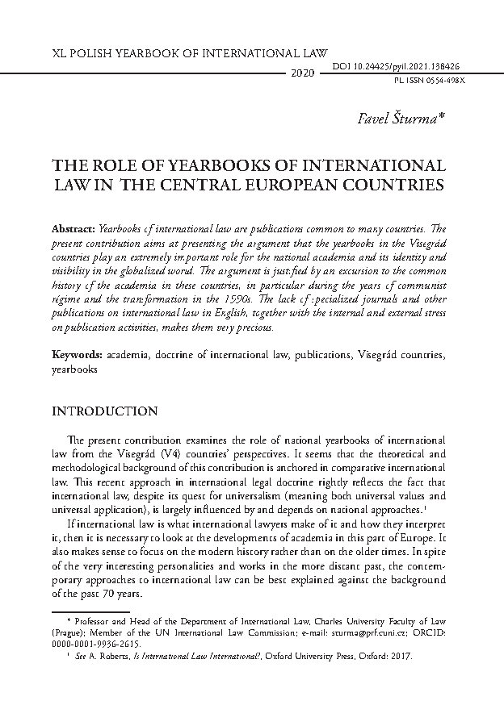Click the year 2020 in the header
click(301, 73)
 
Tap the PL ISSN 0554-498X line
click(423, 81)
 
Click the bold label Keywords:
click(78, 355)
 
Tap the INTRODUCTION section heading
click(104, 411)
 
